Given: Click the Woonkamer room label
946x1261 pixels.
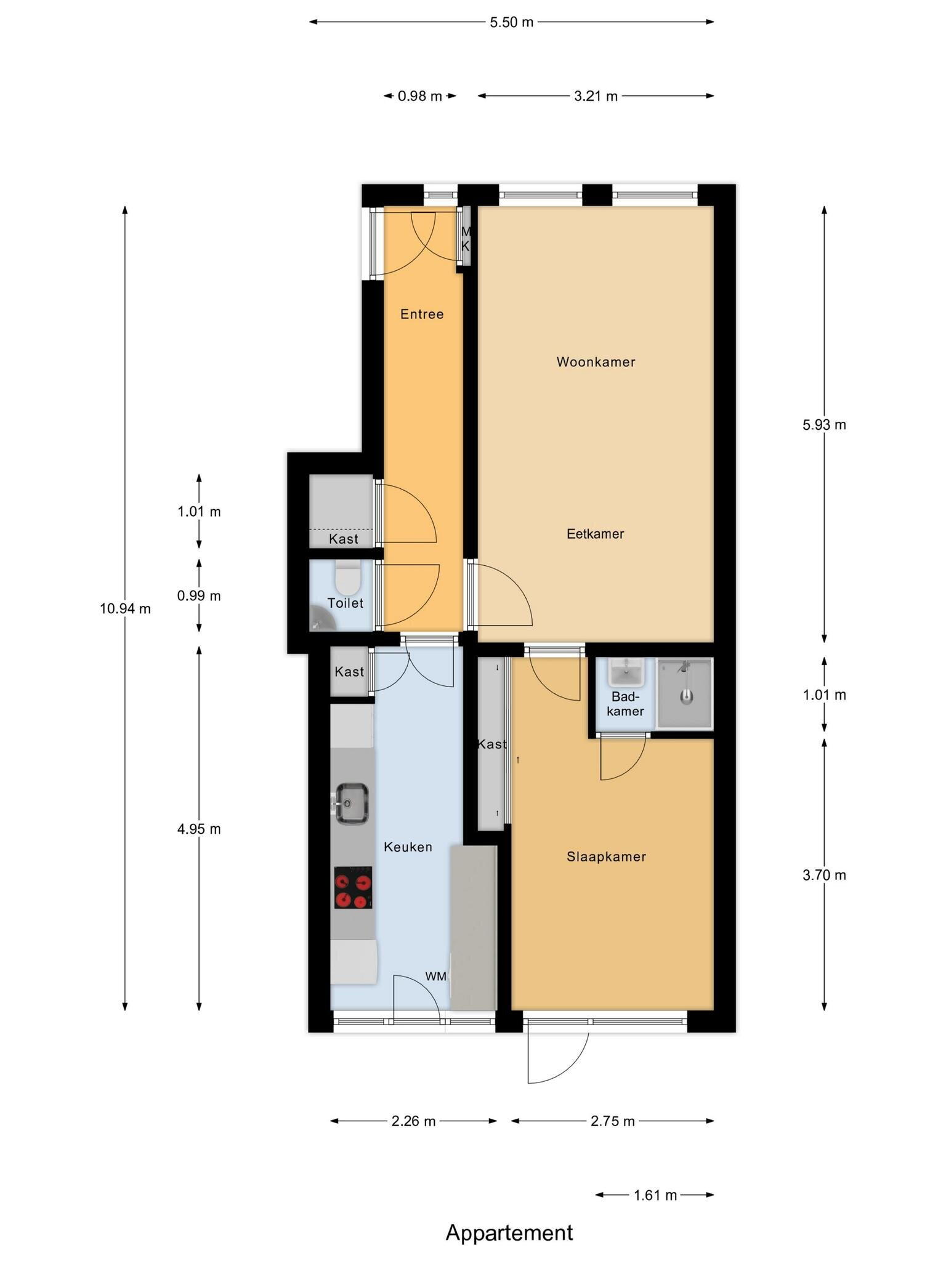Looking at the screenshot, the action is (x=596, y=362).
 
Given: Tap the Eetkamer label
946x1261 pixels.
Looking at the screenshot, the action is (x=596, y=534).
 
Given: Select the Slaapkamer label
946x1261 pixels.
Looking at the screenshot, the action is (x=606, y=856).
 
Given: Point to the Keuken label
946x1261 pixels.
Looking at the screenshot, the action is (x=408, y=847).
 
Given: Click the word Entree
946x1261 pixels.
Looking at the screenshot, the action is (x=422, y=314).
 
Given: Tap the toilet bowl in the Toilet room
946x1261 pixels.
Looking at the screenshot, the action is (x=347, y=575).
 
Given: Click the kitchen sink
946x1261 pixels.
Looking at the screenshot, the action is (x=351, y=804).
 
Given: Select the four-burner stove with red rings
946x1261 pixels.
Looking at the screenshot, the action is (x=353, y=887).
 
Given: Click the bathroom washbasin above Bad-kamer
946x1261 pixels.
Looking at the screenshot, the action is (x=625, y=672).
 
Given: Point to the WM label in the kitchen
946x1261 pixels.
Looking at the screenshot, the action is (x=436, y=976).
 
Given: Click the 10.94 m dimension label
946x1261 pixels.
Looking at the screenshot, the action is (x=125, y=609).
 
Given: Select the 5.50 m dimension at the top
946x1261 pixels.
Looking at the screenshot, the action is (x=511, y=22).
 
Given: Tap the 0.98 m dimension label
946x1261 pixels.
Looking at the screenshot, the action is (x=420, y=96).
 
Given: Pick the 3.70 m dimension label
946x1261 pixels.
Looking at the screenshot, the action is (x=824, y=875).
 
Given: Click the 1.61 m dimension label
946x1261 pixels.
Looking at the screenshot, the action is (x=655, y=1195).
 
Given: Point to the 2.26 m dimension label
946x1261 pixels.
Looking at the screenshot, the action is (x=413, y=1121).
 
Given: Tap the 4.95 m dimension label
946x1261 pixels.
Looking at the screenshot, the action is (x=199, y=829).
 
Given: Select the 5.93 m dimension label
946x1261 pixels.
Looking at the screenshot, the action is (x=824, y=425).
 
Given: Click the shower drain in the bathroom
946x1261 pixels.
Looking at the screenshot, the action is (x=687, y=697).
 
